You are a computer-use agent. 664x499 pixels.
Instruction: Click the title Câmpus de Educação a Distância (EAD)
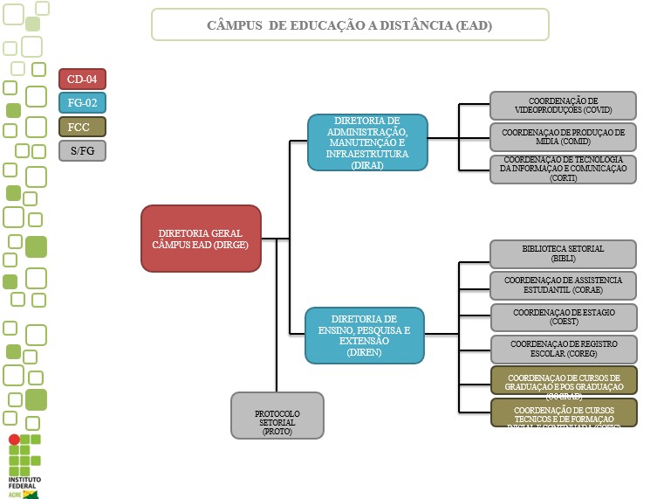pyautogui.click(x=350, y=25)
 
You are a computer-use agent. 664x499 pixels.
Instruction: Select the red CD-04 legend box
pyautogui.click(x=82, y=80)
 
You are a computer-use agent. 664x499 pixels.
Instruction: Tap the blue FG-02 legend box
pyautogui.click(x=82, y=103)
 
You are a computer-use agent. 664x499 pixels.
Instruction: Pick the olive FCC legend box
pyautogui.click(x=82, y=127)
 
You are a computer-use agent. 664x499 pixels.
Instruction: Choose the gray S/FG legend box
pyautogui.click(x=82, y=150)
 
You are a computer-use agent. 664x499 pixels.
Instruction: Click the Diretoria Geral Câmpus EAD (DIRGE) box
pyautogui.click(x=202, y=239)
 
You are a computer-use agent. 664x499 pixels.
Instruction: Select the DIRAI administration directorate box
pyautogui.click(x=367, y=142)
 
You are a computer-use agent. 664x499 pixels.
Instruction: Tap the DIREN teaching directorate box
pyautogui.click(x=365, y=336)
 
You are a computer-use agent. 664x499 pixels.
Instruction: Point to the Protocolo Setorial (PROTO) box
pyautogui.click(x=277, y=415)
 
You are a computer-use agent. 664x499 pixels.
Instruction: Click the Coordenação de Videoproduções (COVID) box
pyautogui.click(x=563, y=106)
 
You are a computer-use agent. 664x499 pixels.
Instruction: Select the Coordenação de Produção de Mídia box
pyautogui.click(x=563, y=137)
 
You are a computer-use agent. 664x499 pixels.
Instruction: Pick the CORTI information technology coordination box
pyautogui.click(x=563, y=169)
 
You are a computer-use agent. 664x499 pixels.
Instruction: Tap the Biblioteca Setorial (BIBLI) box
pyautogui.click(x=563, y=253)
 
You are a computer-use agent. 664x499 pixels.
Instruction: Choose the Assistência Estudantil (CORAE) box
pyautogui.click(x=563, y=285)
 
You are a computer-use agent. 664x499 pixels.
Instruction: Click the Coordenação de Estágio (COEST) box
pyautogui.click(x=563, y=317)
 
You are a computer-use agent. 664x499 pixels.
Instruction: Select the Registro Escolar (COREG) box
pyautogui.click(x=563, y=349)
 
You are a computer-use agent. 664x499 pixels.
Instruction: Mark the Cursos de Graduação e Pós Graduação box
pyautogui.click(x=563, y=381)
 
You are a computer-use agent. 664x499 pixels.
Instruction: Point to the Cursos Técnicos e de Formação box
pyautogui.click(x=563, y=412)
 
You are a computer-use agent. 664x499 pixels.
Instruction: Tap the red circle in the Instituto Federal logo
pyautogui.click(x=14, y=440)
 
